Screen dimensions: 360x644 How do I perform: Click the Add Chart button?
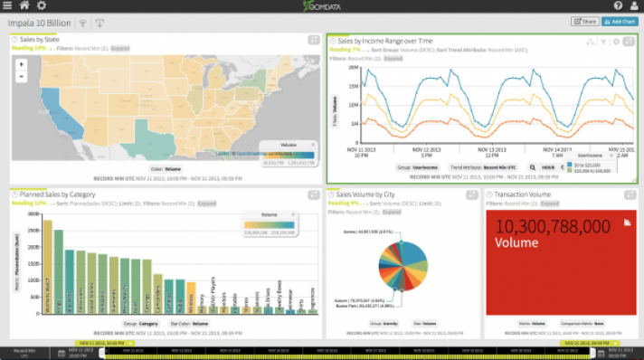point(619,21)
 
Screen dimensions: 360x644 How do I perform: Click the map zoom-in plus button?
point(20,65)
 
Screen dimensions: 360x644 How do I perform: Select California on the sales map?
point(48,104)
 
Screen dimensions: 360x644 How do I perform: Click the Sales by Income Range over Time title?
point(386,41)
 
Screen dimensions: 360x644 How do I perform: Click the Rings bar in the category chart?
point(59,271)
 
